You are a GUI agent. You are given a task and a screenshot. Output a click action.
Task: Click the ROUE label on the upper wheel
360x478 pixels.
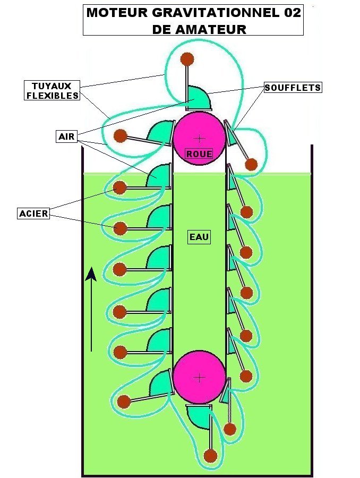point(199,154)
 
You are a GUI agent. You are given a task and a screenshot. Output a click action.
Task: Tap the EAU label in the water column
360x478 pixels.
point(199,237)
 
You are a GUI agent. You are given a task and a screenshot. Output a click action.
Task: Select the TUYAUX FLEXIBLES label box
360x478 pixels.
point(52,91)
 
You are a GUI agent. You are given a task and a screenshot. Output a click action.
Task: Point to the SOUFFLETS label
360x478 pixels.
point(293,87)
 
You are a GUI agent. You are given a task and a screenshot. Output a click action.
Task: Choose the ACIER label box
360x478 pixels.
point(33,214)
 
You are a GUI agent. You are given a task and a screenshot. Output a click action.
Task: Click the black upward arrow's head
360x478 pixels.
point(91,274)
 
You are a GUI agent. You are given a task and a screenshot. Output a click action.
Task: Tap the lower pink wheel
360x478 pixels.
point(199,377)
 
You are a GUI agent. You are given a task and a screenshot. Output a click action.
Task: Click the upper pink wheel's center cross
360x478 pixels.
point(199,138)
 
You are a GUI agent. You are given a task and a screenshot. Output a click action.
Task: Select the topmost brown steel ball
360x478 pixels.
point(186,59)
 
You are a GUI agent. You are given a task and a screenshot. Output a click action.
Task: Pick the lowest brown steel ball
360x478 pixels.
point(211,456)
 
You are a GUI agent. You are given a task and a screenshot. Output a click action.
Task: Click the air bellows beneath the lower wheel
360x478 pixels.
point(199,417)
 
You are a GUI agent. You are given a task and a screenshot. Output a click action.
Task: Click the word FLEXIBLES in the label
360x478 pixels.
point(52,96)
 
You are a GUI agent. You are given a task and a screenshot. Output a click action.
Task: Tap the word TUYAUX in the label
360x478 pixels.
point(52,86)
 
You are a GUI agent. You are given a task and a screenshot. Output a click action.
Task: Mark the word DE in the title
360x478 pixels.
point(161,30)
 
